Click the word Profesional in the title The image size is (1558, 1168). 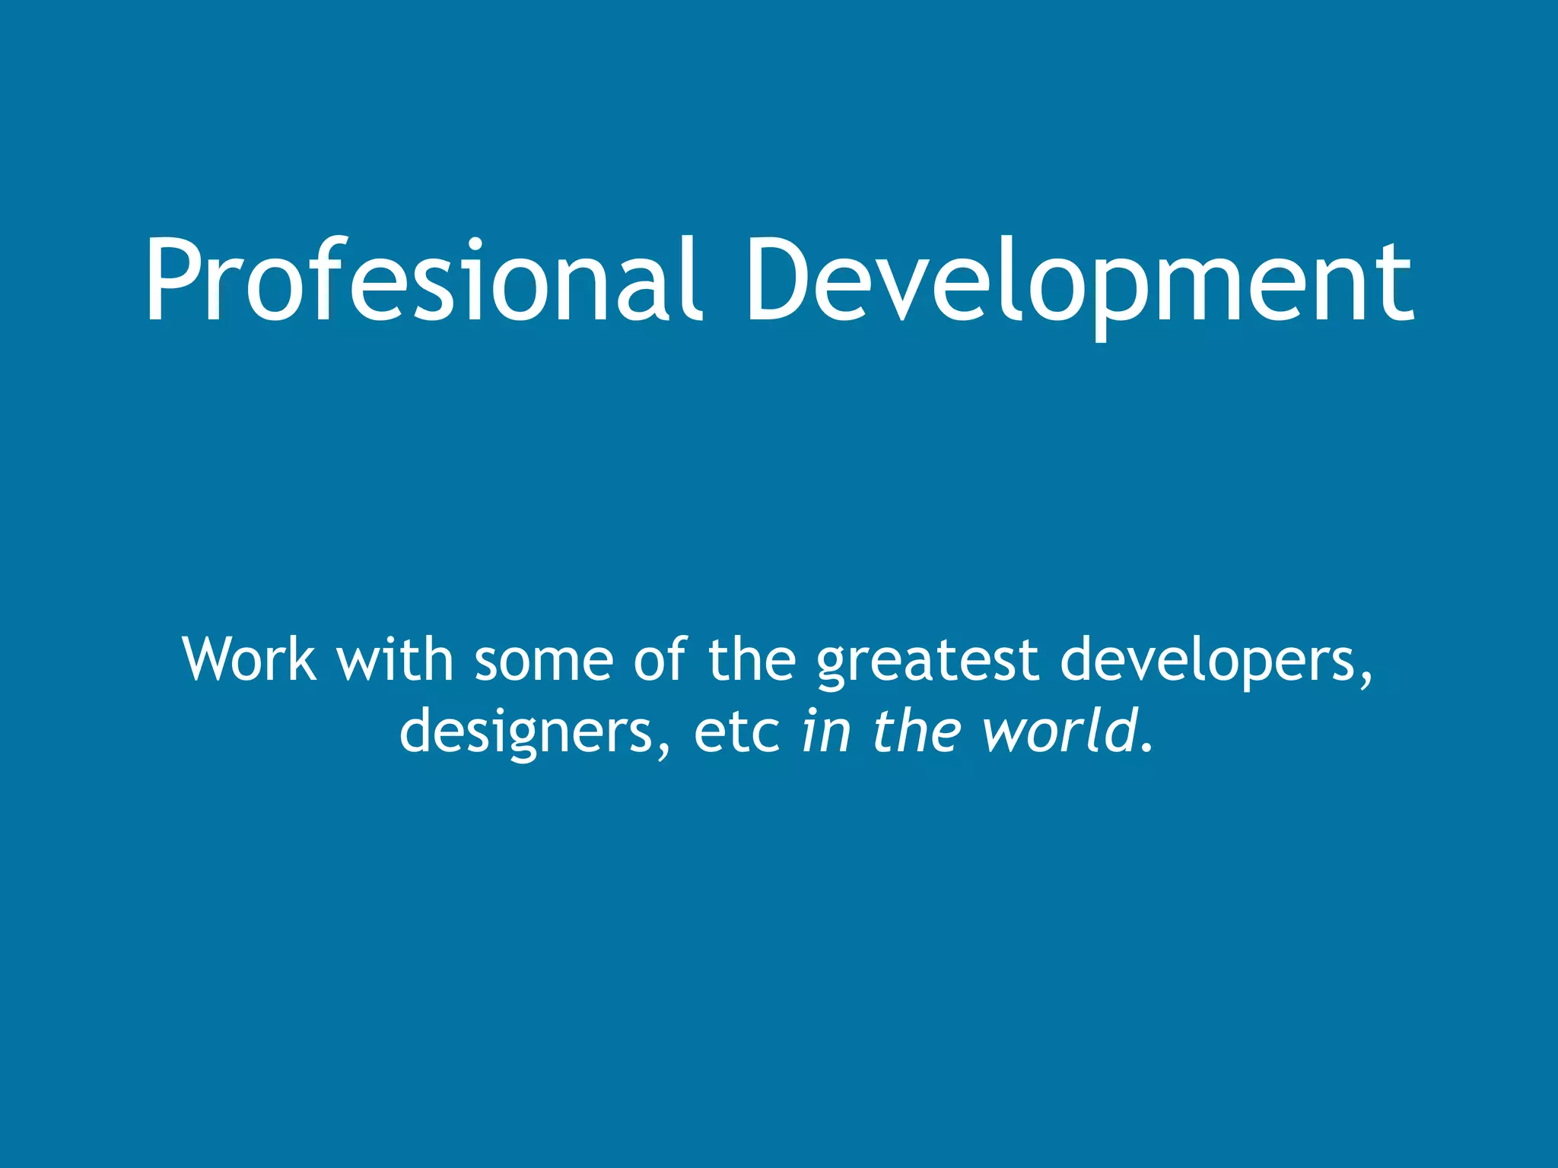(421, 280)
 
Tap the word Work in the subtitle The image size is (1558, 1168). (249, 659)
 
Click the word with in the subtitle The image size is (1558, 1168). (395, 659)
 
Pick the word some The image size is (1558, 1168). (544, 660)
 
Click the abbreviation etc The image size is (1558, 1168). (736, 732)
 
